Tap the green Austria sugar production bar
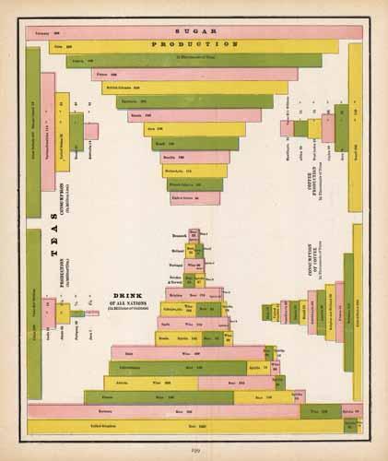click(x=194, y=61)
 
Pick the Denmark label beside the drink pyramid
click(x=179, y=234)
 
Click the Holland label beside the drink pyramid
click(x=178, y=248)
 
